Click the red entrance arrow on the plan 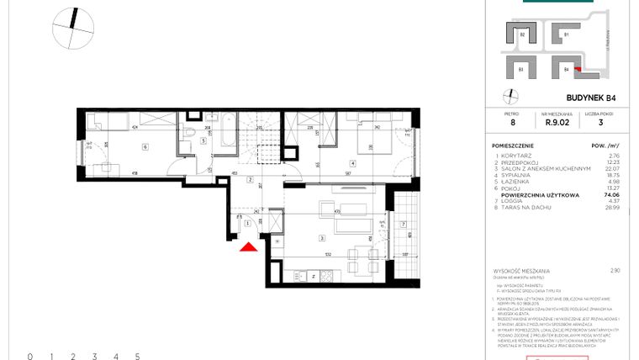[248, 246]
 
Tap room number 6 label [145, 147]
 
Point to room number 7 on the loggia [404, 224]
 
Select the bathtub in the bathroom [224, 133]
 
